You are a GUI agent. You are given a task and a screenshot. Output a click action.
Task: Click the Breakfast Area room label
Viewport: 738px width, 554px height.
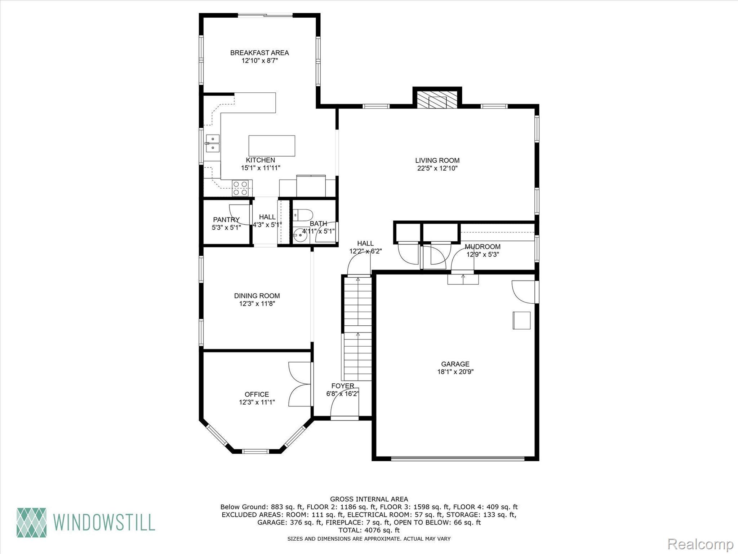point(259,53)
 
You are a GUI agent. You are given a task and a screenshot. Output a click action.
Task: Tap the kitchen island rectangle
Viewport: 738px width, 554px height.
point(272,146)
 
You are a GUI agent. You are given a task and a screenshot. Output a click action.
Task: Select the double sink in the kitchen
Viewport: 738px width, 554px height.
point(212,144)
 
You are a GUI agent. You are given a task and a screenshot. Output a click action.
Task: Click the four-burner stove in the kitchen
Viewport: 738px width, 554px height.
point(240,188)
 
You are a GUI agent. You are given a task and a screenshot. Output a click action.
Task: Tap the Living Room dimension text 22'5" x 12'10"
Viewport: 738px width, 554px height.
point(437,168)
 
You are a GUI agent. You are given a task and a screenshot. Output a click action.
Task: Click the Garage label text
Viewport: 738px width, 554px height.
point(455,364)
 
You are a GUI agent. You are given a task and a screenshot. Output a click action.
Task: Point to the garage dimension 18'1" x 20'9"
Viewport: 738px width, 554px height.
point(455,372)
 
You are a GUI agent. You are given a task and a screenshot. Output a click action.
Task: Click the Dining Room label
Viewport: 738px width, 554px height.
point(257,296)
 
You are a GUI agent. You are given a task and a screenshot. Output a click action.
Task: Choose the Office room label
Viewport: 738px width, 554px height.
point(257,394)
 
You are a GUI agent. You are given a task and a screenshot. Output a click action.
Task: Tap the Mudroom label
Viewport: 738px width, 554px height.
point(483,247)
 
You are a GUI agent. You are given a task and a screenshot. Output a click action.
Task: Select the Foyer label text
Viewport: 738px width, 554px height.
point(343,386)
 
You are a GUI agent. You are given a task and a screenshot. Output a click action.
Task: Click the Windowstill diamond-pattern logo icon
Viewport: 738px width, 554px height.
point(32,522)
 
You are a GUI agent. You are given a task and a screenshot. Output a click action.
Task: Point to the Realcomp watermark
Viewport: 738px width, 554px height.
point(701,543)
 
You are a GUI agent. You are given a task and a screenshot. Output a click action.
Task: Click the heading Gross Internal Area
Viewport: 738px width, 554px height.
point(369,499)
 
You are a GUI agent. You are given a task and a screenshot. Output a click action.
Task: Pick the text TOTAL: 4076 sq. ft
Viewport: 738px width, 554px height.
point(369,530)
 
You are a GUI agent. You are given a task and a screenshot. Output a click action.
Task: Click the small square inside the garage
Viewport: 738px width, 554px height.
point(521,320)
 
